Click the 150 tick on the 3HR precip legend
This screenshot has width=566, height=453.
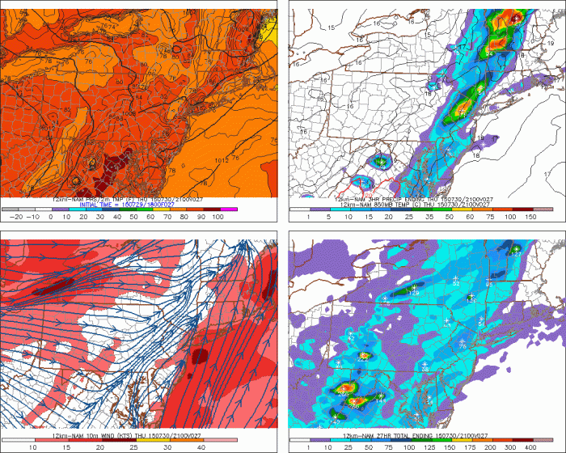530,218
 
